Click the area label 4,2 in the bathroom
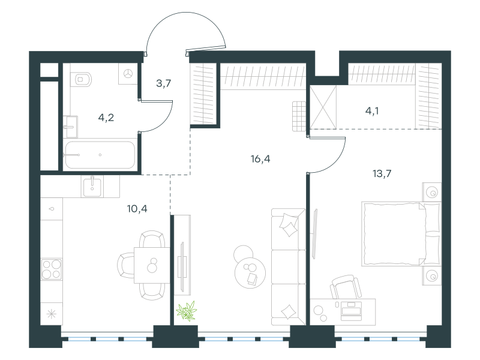coord(106,117)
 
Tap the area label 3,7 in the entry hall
coord(164,83)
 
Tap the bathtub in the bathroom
coord(100,155)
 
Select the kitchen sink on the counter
coord(92,185)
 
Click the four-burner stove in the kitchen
coord(51,268)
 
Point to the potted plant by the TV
coord(187,311)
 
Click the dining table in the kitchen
coord(151,265)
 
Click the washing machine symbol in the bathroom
coord(128,73)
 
